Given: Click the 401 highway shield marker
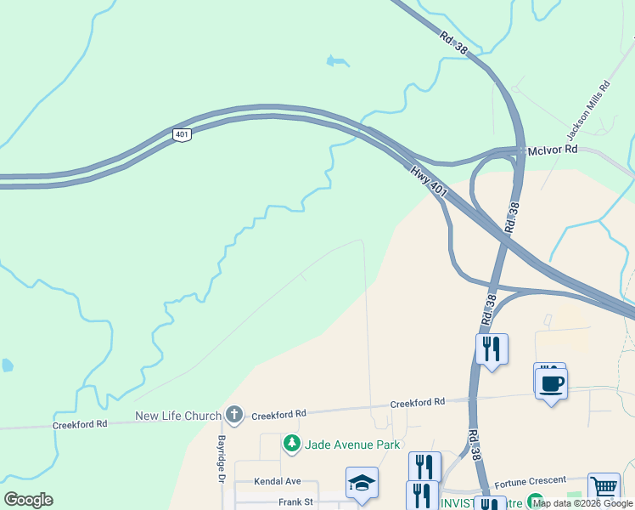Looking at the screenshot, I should pyautogui.click(x=182, y=134).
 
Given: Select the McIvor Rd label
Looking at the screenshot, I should pyautogui.click(x=552, y=149).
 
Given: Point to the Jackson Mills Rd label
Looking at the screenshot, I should pyautogui.click(x=588, y=110).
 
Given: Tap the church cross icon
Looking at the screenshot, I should pyautogui.click(x=234, y=415).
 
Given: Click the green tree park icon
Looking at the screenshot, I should pyautogui.click(x=291, y=444).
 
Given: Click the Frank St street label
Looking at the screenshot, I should pyautogui.click(x=295, y=501).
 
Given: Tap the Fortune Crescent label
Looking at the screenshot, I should pyautogui.click(x=529, y=482).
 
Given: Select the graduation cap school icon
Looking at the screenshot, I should pyautogui.click(x=362, y=484).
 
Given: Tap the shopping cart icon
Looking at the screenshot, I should pyautogui.click(x=604, y=489).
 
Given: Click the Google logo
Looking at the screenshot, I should pyautogui.click(x=28, y=500).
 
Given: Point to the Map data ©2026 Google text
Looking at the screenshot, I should pyautogui.click(x=582, y=503).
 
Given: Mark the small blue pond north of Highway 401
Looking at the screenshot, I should pyautogui.click(x=337, y=61).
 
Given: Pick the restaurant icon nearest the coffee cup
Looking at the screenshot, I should pyautogui.click(x=492, y=349).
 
